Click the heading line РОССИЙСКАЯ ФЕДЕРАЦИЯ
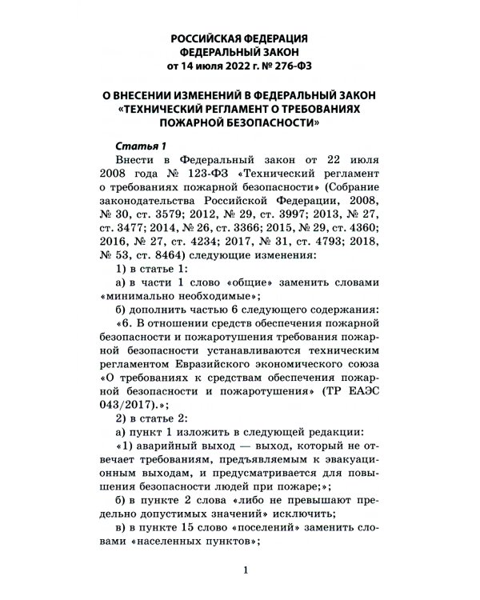click(241, 38)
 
